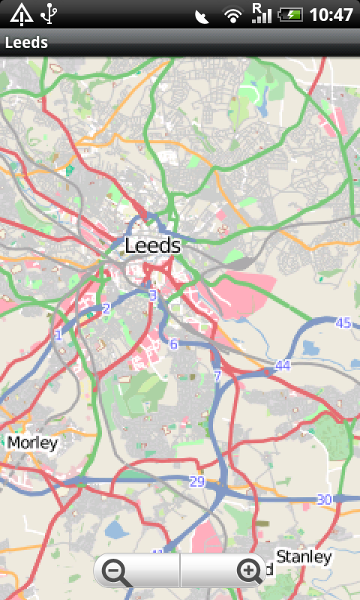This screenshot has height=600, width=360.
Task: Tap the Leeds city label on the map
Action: (153, 245)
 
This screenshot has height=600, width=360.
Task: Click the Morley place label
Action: (32, 442)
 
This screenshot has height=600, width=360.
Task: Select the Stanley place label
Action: (304, 556)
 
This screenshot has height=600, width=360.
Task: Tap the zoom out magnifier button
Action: (118, 572)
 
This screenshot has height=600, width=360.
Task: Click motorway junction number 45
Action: (343, 323)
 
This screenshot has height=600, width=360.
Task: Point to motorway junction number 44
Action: (282, 365)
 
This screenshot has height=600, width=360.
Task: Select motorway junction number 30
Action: (324, 499)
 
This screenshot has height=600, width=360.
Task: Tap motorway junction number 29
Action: (196, 481)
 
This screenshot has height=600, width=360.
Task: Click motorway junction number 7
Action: (217, 376)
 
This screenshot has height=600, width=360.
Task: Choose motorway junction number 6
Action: (174, 344)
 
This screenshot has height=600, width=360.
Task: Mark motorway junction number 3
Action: (153, 295)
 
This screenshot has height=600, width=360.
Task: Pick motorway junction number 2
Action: (106, 308)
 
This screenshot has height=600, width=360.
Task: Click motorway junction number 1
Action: (58, 334)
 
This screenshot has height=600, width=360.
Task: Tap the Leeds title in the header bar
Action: (26, 43)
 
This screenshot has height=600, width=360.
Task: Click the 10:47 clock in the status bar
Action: (331, 14)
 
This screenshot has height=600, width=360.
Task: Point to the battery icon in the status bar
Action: (289, 14)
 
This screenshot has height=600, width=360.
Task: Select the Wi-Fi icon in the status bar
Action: (233, 14)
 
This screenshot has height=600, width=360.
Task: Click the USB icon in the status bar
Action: (50, 13)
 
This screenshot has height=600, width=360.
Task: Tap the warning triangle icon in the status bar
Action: (21, 13)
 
